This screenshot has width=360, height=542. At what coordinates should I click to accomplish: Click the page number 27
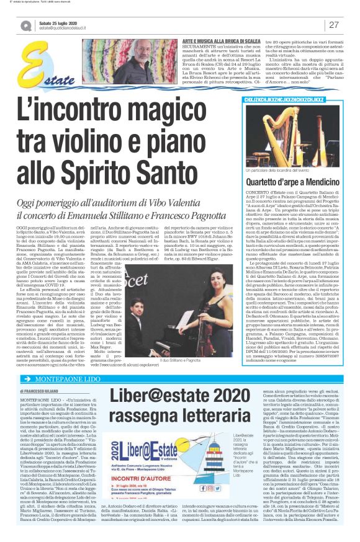pyautogui.click(x=334, y=25)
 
